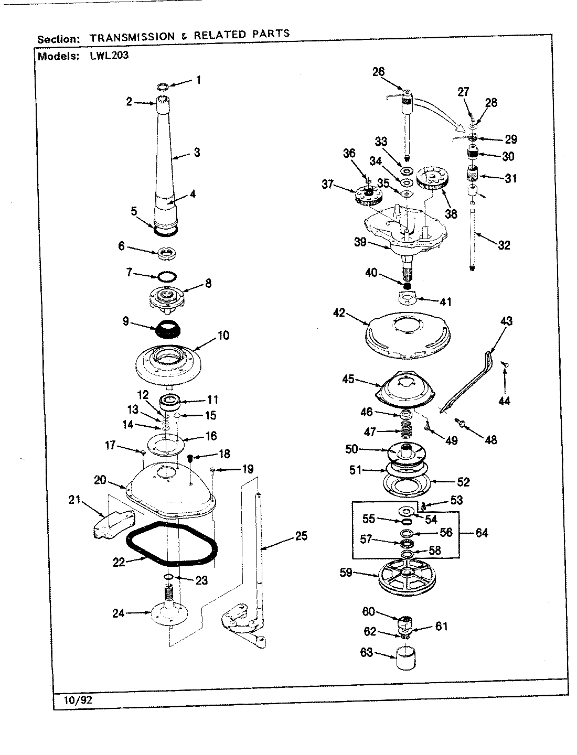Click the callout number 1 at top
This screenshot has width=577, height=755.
pyautogui.click(x=198, y=80)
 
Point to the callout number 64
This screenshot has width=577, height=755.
pyautogui.click(x=482, y=533)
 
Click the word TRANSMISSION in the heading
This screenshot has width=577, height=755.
pyautogui.click(x=132, y=36)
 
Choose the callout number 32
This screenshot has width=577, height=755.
pyautogui.click(x=504, y=245)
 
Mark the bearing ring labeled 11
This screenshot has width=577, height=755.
pyautogui.click(x=170, y=403)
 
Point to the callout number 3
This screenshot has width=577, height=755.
pyautogui.click(x=196, y=153)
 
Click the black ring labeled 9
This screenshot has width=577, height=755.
pyautogui.click(x=167, y=330)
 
